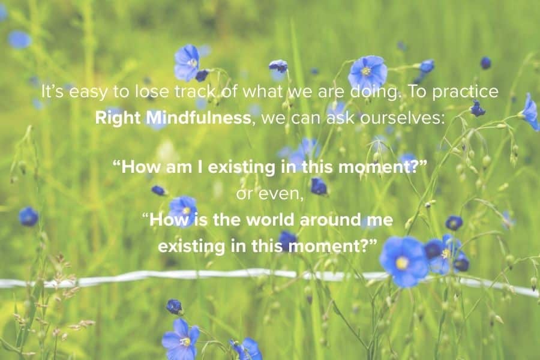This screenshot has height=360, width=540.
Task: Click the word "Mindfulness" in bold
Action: click(x=199, y=118)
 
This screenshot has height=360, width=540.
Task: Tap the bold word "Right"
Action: click(x=118, y=119)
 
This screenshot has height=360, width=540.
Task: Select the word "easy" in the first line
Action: click(x=88, y=92)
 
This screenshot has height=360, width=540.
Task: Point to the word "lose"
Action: click(x=152, y=92)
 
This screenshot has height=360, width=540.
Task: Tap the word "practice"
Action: click(x=465, y=92)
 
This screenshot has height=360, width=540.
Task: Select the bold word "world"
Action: click(x=271, y=220)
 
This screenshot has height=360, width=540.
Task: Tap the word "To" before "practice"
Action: click(x=416, y=92)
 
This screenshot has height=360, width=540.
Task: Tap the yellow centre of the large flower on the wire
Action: click(x=402, y=263)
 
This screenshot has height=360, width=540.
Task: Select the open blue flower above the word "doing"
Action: click(x=367, y=73)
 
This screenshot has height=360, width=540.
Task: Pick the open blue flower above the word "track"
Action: click(x=187, y=62)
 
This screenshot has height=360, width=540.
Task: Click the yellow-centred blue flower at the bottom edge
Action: click(x=181, y=340)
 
